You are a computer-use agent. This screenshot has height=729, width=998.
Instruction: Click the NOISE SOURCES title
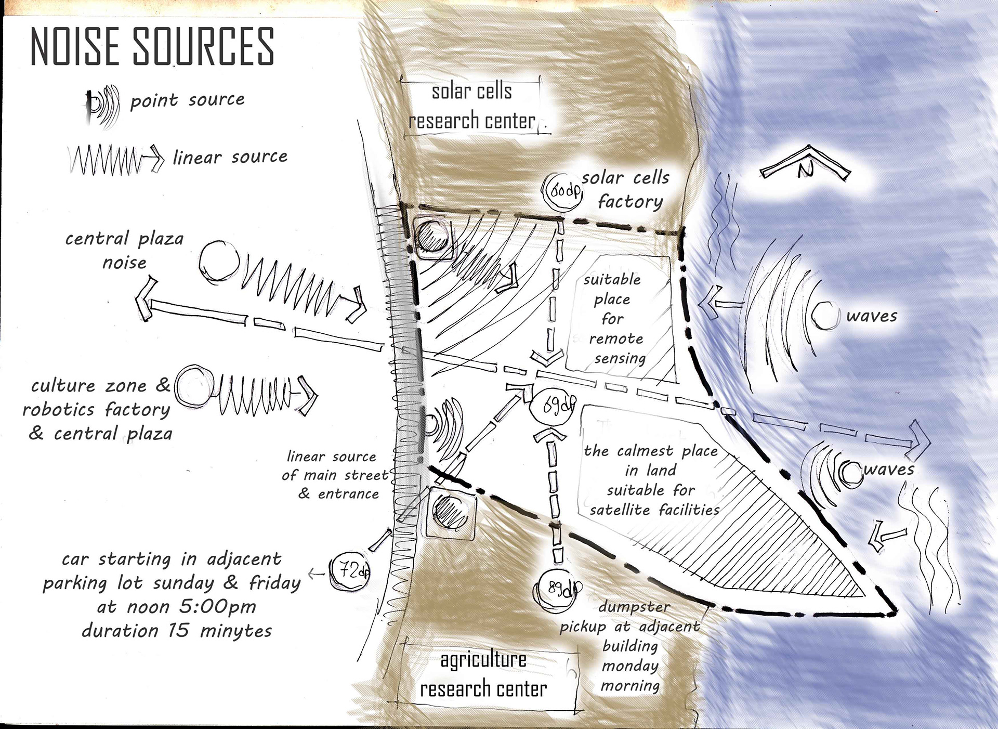tap(152, 46)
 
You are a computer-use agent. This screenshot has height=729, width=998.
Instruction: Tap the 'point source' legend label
tap(187, 100)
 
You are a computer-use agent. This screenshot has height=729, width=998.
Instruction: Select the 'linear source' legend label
tap(230, 157)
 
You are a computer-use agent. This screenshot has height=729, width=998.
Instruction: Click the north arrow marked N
tap(805, 166)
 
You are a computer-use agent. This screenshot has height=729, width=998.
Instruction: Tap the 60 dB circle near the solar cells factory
tap(562, 191)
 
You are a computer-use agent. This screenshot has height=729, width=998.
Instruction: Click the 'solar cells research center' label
tap(471, 106)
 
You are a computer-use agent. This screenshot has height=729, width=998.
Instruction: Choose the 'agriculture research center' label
tap(483, 674)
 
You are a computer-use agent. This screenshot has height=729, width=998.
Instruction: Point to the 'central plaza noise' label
tap(125, 250)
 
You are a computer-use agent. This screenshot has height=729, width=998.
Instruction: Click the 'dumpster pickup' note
tap(630, 646)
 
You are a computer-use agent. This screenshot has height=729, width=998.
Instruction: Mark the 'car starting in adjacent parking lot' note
tap(172, 594)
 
